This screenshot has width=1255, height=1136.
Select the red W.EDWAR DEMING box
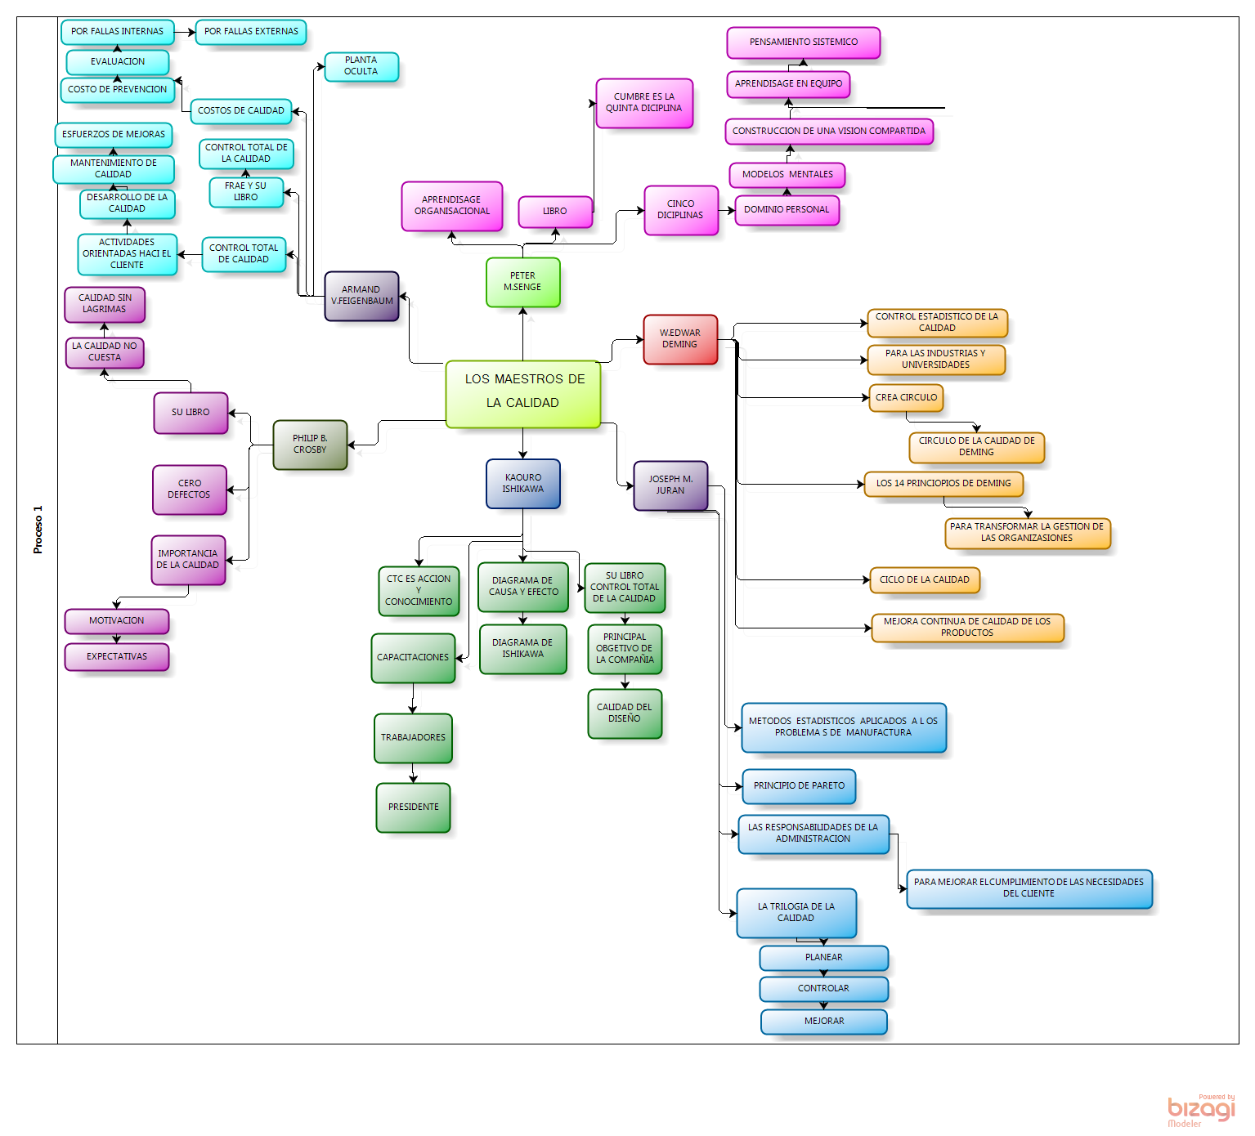click(680, 339)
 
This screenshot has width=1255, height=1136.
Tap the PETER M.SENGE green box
click(522, 282)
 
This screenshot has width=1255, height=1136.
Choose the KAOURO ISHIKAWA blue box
click(522, 484)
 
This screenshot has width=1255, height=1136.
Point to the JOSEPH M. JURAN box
click(670, 485)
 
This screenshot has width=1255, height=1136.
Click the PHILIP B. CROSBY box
click(310, 445)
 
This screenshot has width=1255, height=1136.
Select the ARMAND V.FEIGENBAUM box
click(361, 296)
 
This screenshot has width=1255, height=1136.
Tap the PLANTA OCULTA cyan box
click(361, 66)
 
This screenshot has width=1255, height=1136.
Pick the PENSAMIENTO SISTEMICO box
click(803, 42)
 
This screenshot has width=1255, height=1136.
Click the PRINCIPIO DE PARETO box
click(799, 786)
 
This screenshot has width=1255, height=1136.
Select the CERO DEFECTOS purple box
click(189, 490)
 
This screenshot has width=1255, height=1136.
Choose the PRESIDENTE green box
click(413, 807)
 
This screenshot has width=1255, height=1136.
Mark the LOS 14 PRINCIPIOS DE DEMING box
click(943, 484)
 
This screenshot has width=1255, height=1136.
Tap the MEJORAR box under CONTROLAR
click(823, 1022)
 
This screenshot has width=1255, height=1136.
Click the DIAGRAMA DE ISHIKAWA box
click(522, 649)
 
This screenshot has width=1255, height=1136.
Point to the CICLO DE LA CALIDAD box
click(924, 580)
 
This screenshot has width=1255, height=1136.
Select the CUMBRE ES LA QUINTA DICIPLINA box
click(644, 103)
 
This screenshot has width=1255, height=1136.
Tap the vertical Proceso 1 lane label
click(38, 530)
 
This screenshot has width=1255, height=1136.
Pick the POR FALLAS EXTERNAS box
click(251, 32)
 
